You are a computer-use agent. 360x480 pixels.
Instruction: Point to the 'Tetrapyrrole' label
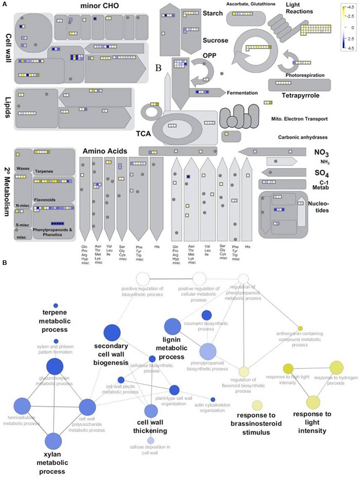click(x=301, y=95)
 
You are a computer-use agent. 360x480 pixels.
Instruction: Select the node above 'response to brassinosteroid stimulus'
click(x=257, y=405)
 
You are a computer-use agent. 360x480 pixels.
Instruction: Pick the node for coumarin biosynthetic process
click(x=206, y=315)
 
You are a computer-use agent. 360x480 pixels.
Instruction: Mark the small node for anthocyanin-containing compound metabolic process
click(x=300, y=328)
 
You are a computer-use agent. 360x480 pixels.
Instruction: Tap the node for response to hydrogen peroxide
click(x=336, y=367)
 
